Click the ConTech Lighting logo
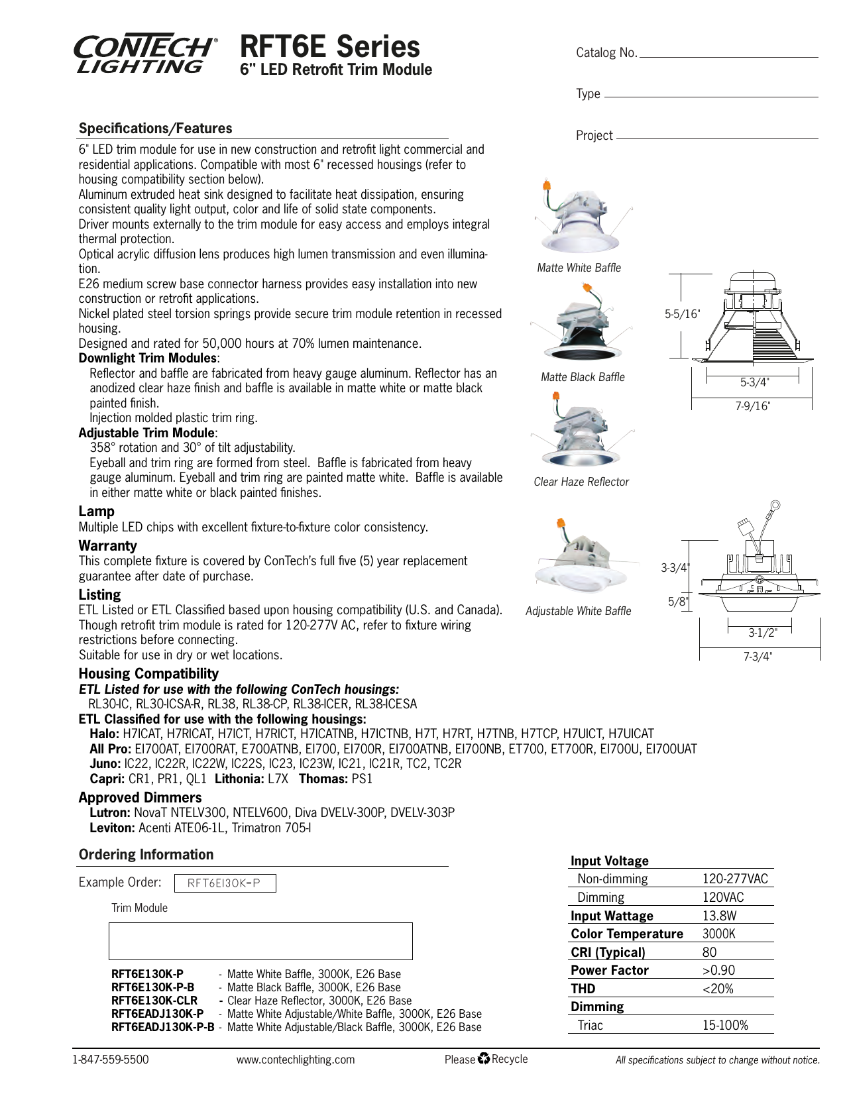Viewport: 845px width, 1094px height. pyautogui.click(x=144, y=54)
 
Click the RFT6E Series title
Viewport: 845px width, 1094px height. pyautogui.click(x=329, y=46)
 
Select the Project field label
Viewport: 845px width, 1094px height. pyautogui.click(x=594, y=135)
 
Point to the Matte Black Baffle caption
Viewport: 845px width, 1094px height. pyautogui.click(x=583, y=377)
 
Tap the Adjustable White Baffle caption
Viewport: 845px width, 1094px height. pyautogui.click(x=578, y=611)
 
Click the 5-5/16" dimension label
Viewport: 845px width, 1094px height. pyautogui.click(x=682, y=314)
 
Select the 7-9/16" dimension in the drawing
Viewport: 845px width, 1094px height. pyautogui.click(x=752, y=406)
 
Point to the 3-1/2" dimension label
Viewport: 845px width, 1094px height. pyautogui.click(x=762, y=633)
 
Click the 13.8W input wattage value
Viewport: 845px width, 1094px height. pyautogui.click(x=719, y=916)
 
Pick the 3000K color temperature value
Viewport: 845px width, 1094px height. pyautogui.click(x=718, y=934)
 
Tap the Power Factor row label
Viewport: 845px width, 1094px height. pyautogui.click(x=609, y=970)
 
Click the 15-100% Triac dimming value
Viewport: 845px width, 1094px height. pyautogui.click(x=725, y=1025)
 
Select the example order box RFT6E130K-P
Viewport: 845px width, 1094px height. pyautogui.click(x=225, y=883)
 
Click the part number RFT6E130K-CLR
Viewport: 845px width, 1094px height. pyautogui.click(x=154, y=1001)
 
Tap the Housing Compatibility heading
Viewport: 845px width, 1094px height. pyautogui.click(x=148, y=673)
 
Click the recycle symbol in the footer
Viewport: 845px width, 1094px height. pyautogui.click(x=483, y=1059)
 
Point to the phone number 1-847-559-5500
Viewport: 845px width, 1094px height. pyautogui.click(x=110, y=1060)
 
